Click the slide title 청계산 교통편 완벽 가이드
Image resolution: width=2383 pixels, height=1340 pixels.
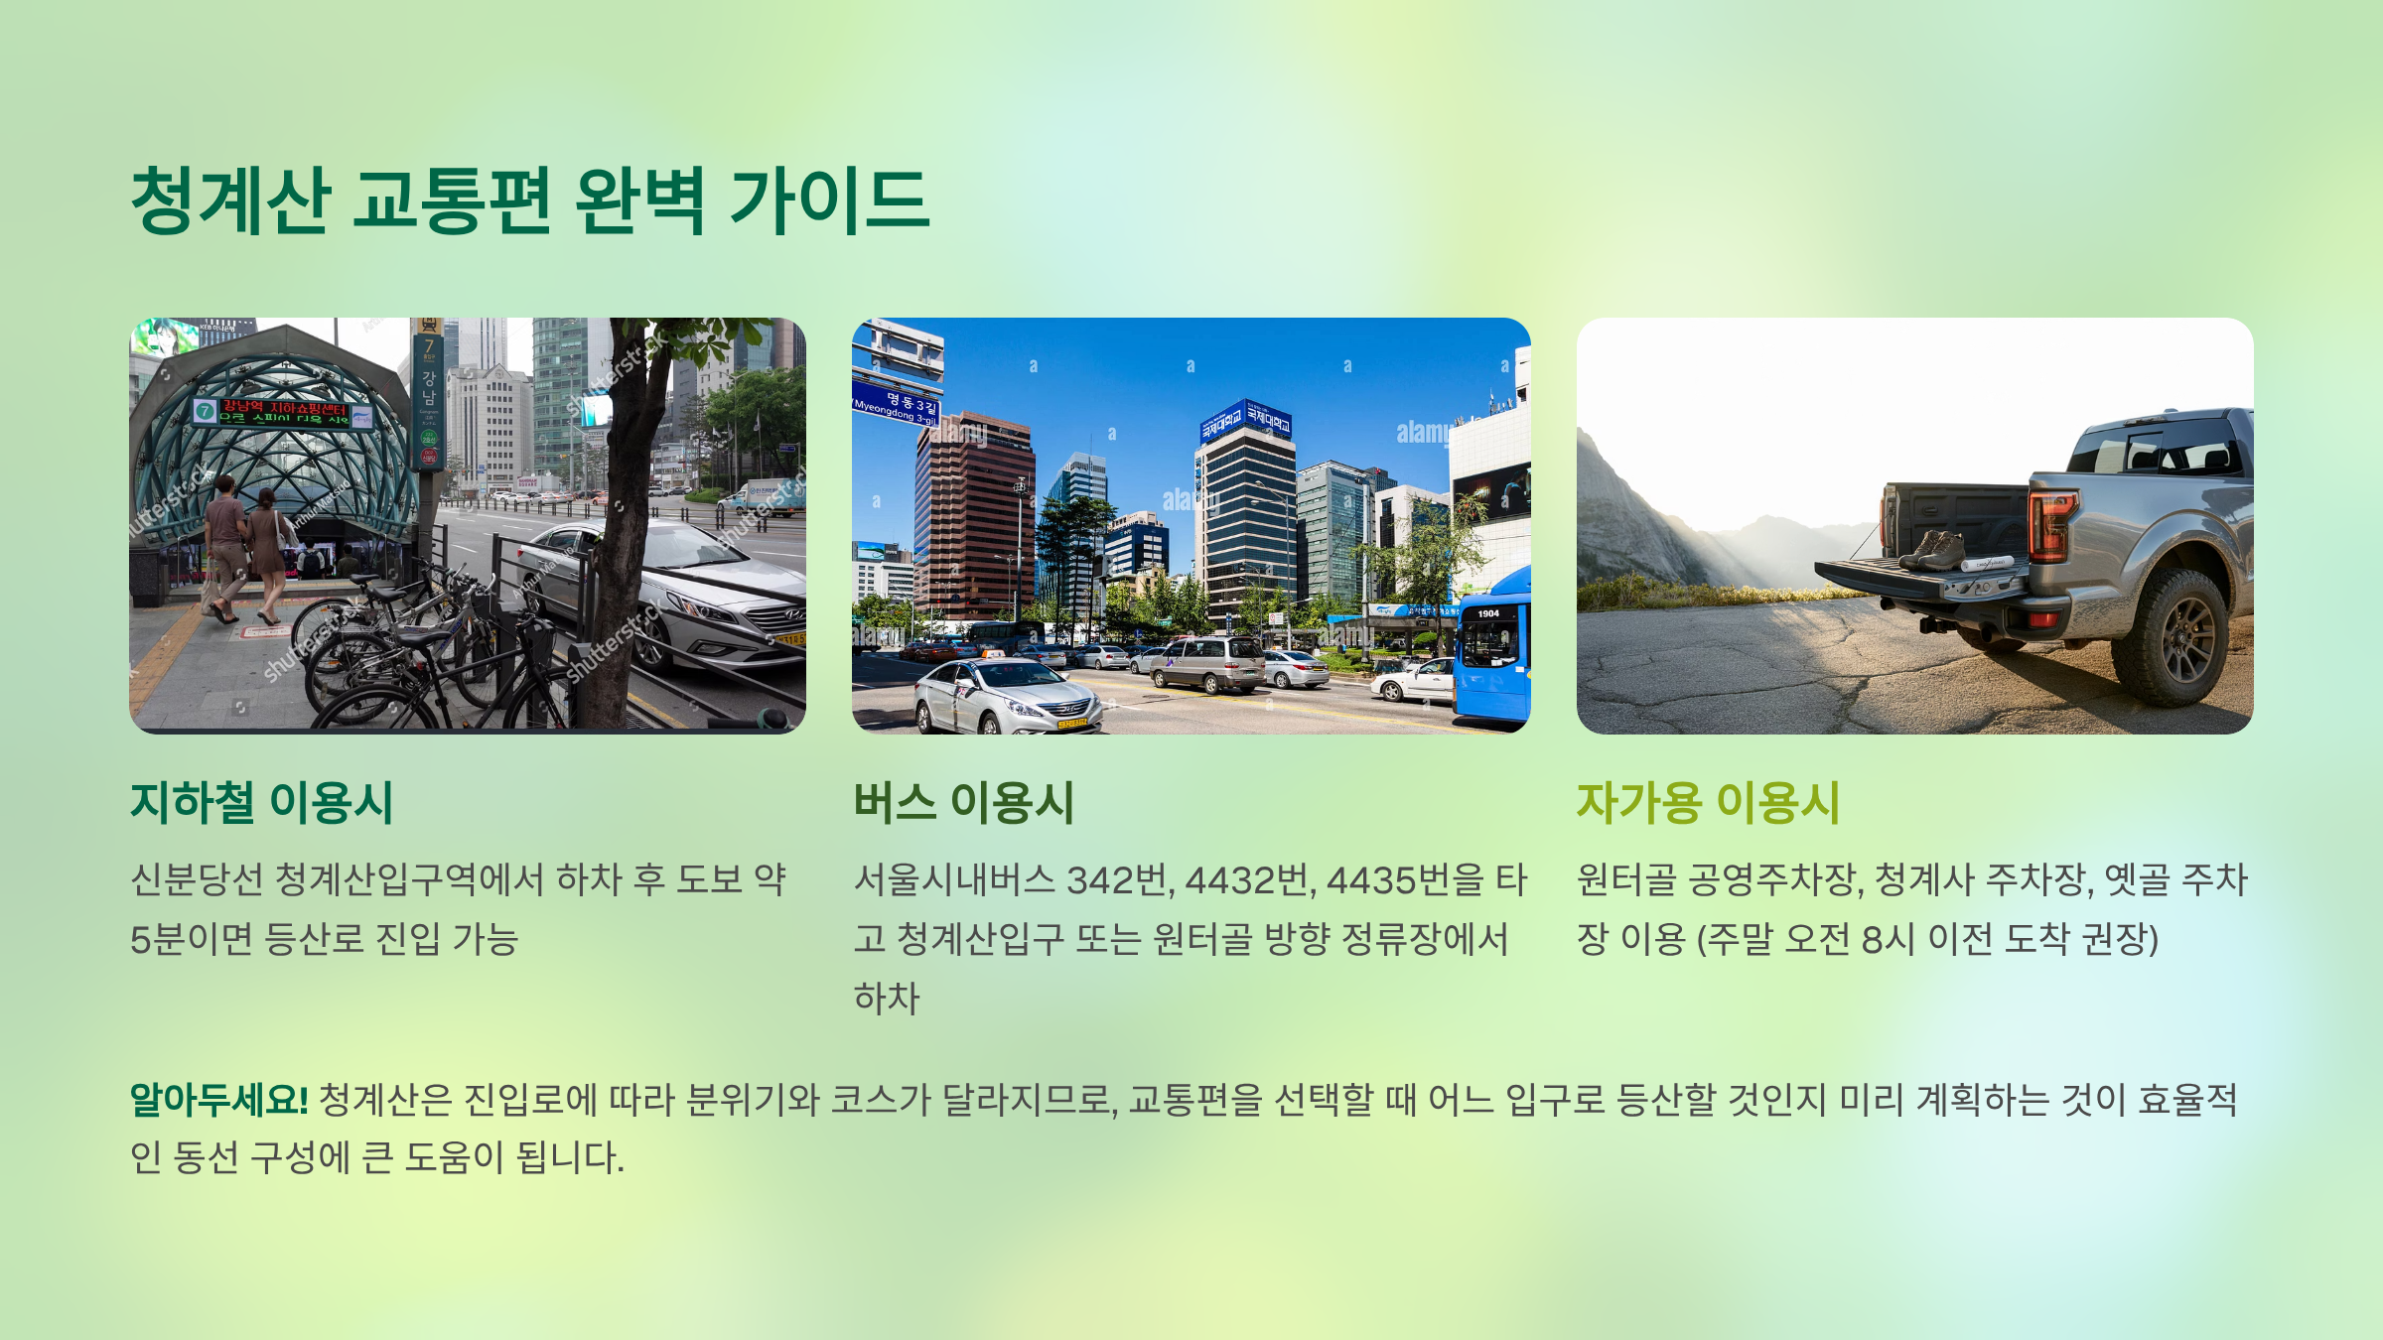point(530,201)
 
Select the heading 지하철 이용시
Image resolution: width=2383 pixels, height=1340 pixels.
point(262,803)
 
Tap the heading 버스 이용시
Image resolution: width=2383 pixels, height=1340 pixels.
point(963,803)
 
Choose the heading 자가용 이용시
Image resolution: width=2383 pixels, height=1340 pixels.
point(1708,803)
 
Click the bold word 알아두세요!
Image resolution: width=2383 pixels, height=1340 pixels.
point(219,1100)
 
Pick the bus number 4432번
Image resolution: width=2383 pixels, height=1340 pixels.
point(1250,880)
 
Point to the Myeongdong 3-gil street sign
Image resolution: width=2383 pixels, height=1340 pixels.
point(896,408)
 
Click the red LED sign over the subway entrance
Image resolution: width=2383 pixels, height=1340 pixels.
point(283,411)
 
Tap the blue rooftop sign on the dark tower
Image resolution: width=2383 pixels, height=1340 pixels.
point(1245,421)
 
